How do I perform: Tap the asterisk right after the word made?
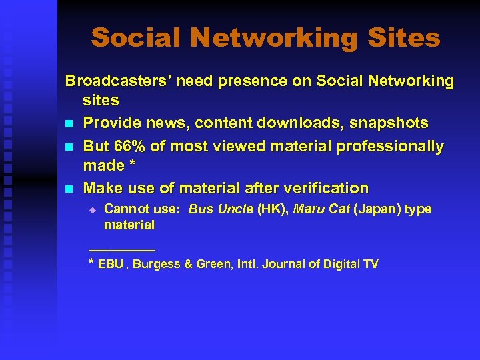pyautogui.click(x=132, y=165)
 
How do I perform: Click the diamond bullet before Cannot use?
pyautogui.click(x=93, y=210)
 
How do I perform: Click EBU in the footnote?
pyautogui.click(x=111, y=264)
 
